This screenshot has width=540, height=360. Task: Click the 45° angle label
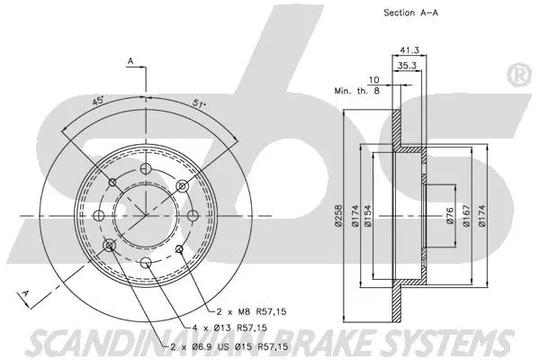tap(98, 102)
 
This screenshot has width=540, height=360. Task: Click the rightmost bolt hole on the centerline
tap(193, 214)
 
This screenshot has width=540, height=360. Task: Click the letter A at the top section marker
tap(130, 61)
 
